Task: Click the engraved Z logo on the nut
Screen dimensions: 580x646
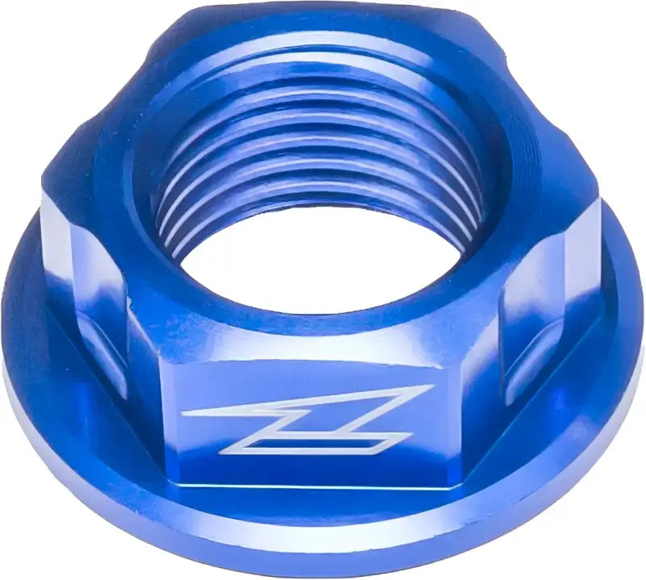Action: (307, 419)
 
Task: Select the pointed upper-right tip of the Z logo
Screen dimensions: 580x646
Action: (428, 388)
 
